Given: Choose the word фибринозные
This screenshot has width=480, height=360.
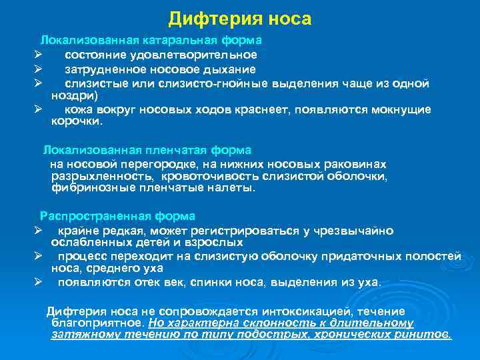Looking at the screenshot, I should point(85,189).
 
